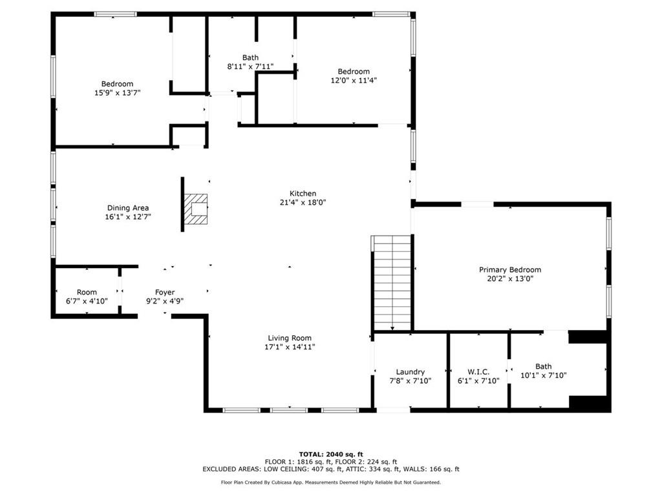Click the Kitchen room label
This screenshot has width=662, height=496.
[303, 194]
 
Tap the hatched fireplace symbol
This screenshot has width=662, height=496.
[196, 209]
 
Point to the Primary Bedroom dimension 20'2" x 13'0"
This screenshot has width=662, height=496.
[510, 279]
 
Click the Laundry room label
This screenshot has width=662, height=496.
[411, 372]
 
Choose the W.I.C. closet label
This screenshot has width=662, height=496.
[478, 372]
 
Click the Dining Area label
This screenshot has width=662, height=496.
[128, 208]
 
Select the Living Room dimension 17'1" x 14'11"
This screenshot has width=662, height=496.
[290, 347]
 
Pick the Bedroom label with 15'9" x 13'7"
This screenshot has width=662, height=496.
[117, 84]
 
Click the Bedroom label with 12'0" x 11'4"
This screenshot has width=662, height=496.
[354, 72]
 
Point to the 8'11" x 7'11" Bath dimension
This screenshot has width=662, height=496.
[250, 67]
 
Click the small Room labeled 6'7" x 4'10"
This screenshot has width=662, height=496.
[87, 293]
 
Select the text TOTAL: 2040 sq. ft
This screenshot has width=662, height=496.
[330, 454]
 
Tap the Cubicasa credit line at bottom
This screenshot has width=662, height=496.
[330, 482]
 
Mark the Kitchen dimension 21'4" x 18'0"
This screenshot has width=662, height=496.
[303, 202]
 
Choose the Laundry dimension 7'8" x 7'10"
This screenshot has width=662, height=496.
[411, 381]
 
